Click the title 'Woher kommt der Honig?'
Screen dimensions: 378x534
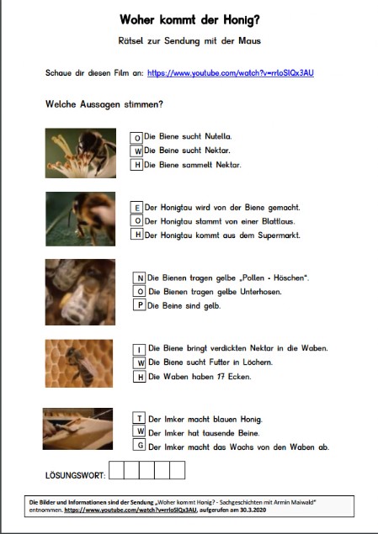point(189,19)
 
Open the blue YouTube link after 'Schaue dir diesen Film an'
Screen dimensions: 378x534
point(231,73)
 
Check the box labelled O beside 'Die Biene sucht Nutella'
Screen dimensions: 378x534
point(136,138)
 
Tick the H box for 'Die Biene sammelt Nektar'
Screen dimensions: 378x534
point(136,165)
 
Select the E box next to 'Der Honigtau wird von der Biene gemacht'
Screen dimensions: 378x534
point(136,208)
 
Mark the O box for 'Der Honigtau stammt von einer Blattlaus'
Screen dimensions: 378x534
point(136,220)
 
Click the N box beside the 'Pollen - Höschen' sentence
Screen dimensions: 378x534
point(139,278)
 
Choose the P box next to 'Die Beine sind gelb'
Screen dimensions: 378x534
point(139,304)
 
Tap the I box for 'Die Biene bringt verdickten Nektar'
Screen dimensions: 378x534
point(139,350)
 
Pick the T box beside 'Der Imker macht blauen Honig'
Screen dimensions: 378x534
point(139,418)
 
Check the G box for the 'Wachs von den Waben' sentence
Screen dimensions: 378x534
point(139,445)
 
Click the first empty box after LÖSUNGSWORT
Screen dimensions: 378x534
point(116,470)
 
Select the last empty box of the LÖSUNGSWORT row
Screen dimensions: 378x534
point(178,470)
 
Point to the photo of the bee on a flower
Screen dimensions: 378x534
point(81,153)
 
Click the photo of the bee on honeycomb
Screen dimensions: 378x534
point(79,363)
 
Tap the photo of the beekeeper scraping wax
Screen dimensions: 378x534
point(77,429)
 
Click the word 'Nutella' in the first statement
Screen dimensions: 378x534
point(218,136)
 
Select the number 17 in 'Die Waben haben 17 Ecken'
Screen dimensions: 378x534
point(221,377)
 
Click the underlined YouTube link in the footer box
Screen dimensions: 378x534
point(130,510)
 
